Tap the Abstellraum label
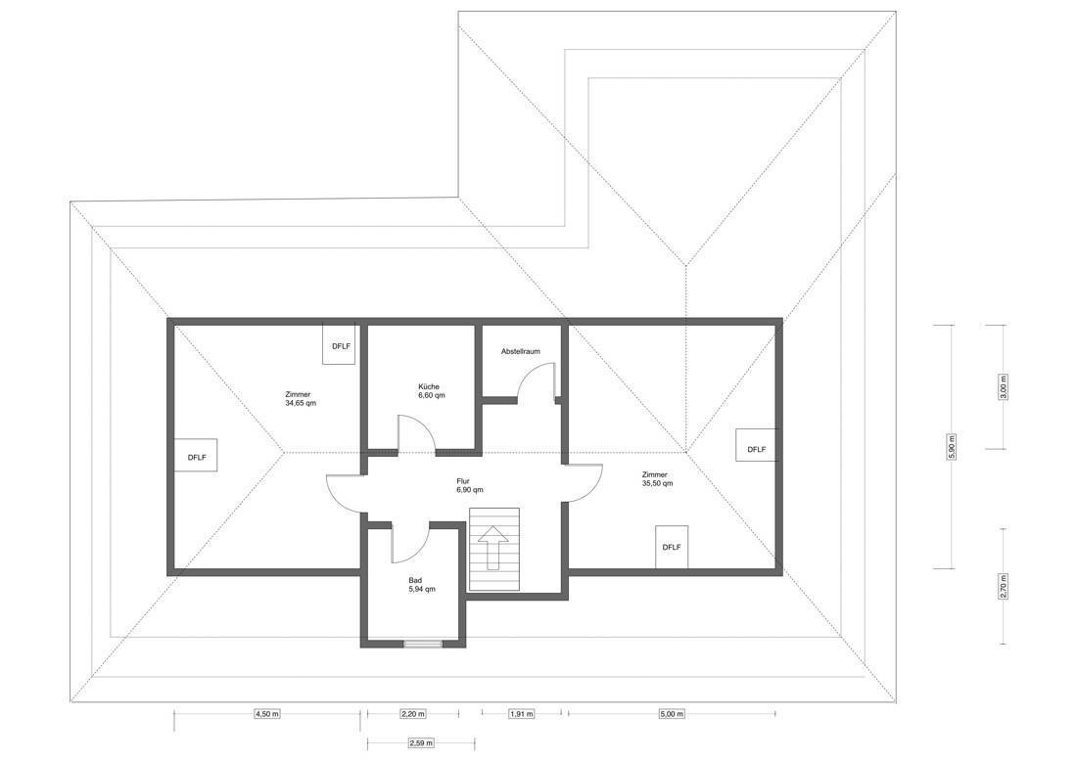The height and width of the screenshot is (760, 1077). pyautogui.click(x=520, y=351)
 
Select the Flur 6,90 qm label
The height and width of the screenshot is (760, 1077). pyautogui.click(x=469, y=485)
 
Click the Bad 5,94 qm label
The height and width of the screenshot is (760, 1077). pyautogui.click(x=421, y=584)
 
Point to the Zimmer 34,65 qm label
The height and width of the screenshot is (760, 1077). pyautogui.click(x=301, y=398)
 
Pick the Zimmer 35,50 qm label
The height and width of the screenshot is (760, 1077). pyautogui.click(x=657, y=478)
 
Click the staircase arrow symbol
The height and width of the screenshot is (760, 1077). pyautogui.click(x=492, y=547)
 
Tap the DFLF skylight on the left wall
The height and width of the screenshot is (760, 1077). pyautogui.click(x=197, y=456)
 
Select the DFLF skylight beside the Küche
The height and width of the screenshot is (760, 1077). pyautogui.click(x=341, y=345)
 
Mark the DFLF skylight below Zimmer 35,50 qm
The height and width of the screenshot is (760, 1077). pyautogui.click(x=672, y=547)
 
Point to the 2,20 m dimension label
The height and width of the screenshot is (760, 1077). pyautogui.click(x=412, y=714)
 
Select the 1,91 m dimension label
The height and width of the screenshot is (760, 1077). pyautogui.click(x=521, y=714)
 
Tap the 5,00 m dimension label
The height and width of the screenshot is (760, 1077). pyautogui.click(x=671, y=714)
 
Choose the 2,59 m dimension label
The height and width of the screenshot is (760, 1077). pyautogui.click(x=420, y=742)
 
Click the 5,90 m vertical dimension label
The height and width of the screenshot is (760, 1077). pyautogui.click(x=952, y=447)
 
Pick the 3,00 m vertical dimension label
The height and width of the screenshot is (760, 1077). pyautogui.click(x=1004, y=387)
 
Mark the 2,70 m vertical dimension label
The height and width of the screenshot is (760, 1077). pyautogui.click(x=1004, y=587)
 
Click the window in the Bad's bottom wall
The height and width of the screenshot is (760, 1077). pyautogui.click(x=422, y=644)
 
